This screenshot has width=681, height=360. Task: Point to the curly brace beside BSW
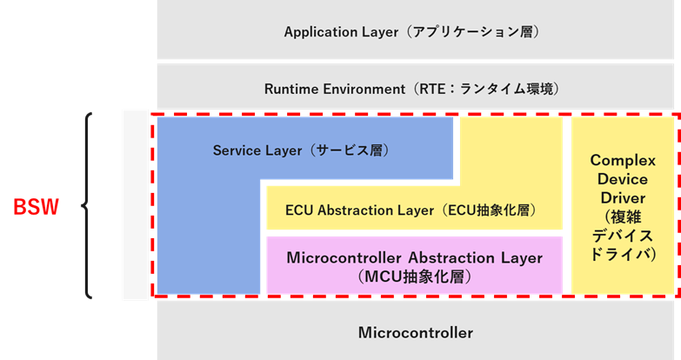pos(88,206)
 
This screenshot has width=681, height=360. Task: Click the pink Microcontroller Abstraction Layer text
pos(414,258)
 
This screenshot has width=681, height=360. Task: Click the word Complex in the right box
pos(622,161)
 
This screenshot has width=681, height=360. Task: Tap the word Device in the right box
pos(622,180)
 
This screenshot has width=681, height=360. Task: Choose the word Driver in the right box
pos(622,198)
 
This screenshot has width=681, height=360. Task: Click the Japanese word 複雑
pos(623,217)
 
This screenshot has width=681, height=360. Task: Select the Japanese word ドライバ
pos(622,254)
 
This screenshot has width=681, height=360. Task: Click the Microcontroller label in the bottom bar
pos(415,333)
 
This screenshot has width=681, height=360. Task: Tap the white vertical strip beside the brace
pos(136,205)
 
